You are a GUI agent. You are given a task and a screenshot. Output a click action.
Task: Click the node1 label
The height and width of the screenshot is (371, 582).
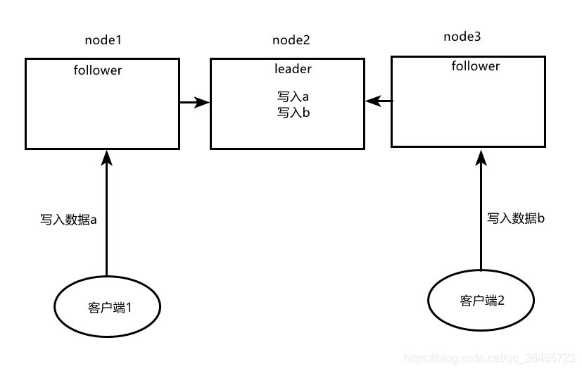click(x=103, y=40)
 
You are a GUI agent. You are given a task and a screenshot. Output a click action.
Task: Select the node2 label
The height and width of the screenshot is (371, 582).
click(x=291, y=40)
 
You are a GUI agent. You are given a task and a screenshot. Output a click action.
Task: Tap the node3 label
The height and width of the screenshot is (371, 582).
click(x=462, y=36)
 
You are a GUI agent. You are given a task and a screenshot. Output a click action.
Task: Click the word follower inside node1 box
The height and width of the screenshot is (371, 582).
click(x=97, y=70)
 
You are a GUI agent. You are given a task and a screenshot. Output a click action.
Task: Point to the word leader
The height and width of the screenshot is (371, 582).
click(x=293, y=69)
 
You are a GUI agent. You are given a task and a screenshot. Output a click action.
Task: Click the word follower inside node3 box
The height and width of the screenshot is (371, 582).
click(x=475, y=66)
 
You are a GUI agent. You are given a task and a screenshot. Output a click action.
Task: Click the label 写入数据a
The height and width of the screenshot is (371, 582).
click(x=68, y=220)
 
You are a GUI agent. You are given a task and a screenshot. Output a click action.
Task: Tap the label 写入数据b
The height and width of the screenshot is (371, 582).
click(x=516, y=218)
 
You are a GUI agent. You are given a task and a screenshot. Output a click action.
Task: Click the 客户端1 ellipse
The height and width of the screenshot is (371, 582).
click(x=108, y=307)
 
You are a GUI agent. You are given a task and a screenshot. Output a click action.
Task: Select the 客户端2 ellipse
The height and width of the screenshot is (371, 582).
click(x=481, y=301)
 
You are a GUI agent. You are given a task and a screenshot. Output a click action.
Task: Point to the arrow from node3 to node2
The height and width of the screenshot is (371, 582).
click(x=378, y=101)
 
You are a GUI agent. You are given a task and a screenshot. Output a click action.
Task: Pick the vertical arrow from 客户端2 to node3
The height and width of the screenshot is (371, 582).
click(x=481, y=211)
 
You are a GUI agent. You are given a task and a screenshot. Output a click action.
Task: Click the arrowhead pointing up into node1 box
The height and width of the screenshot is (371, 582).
click(x=106, y=156)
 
